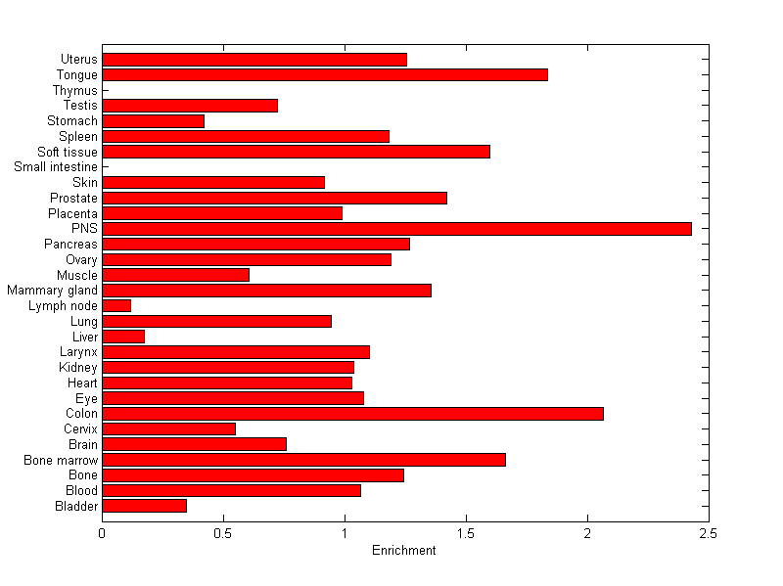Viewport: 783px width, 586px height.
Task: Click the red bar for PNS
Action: [x=396, y=229]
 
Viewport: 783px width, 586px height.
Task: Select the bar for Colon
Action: [x=352, y=414]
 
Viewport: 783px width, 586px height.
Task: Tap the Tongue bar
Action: [x=325, y=74]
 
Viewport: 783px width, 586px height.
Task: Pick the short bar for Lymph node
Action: [x=116, y=306]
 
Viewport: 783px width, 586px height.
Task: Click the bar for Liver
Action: [x=123, y=337]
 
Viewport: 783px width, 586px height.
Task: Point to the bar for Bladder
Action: [x=144, y=506]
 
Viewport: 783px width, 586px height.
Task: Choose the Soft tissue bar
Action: [x=296, y=152]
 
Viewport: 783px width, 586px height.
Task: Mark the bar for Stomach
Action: [x=153, y=121]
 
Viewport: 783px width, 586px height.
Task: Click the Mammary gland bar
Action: [x=266, y=291]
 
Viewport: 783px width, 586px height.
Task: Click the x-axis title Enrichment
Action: [x=404, y=551]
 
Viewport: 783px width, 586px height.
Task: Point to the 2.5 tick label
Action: [x=709, y=533]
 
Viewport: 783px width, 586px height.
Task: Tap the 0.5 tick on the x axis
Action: [x=223, y=533]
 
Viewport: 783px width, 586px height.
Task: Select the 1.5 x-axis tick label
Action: [x=466, y=533]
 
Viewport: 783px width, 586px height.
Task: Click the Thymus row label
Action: [x=75, y=91]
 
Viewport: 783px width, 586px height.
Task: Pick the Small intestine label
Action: [x=56, y=167]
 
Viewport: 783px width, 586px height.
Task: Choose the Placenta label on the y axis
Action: [x=73, y=213]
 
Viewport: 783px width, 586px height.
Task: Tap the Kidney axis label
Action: [x=78, y=368]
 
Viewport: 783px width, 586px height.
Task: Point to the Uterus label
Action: [x=78, y=60]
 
